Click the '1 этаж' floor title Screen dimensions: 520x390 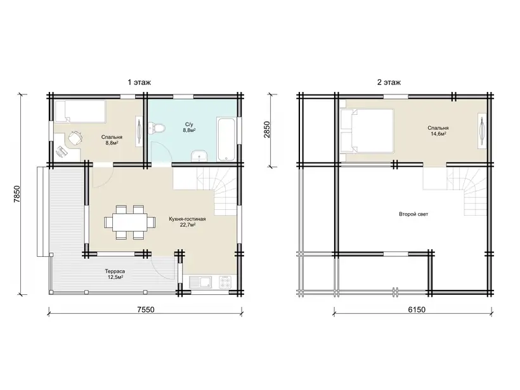point(140,82)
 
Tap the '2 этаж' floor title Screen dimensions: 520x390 point(389,82)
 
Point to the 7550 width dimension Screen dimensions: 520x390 point(146,309)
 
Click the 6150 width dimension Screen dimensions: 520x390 point(417,309)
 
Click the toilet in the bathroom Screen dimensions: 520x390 point(156,128)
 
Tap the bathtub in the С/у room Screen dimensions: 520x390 point(226,139)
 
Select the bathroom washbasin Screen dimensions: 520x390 point(199,155)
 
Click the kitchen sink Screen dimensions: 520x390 point(200,282)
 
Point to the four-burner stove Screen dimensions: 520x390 point(226,282)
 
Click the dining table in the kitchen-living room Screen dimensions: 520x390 point(129,222)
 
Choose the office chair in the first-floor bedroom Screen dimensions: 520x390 point(75,138)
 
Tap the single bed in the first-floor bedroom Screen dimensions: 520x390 point(80,112)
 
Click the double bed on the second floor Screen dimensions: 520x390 point(367,131)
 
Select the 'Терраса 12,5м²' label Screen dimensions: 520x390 point(115,274)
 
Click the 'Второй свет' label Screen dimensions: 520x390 point(413,214)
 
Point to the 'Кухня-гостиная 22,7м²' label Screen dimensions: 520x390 point(187,222)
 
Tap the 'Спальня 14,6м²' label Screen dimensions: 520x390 point(438,131)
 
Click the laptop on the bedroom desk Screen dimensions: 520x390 point(62,152)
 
